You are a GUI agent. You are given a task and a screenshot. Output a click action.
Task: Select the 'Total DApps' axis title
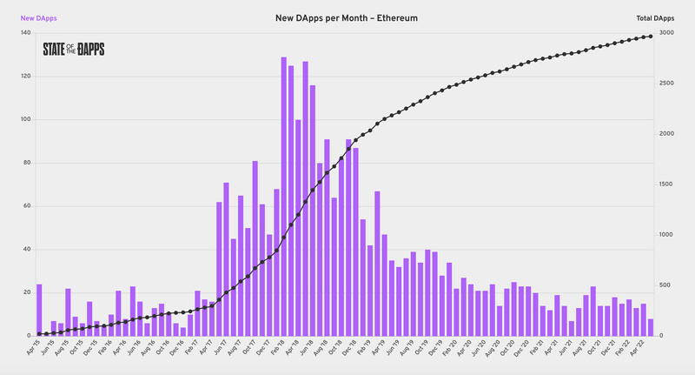pos(656,18)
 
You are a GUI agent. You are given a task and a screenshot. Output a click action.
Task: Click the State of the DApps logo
pos(74,50)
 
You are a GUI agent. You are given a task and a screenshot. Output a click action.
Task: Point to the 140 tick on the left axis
pos(25,33)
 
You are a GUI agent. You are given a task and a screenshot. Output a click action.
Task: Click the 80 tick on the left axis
pos(27,163)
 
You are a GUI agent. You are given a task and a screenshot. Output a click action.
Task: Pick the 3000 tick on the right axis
pos(667,33)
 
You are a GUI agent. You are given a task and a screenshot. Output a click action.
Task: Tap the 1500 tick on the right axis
pos(667,184)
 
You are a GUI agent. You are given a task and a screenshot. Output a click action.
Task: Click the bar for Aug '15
pos(68,312)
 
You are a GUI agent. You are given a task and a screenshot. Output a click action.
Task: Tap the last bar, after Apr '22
pos(651,328)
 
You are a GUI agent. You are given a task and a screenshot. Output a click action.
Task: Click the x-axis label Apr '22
pos(639,351)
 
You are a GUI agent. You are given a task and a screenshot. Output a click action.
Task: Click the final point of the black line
pos(651,36)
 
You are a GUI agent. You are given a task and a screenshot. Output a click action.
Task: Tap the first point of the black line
pos(39,334)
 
